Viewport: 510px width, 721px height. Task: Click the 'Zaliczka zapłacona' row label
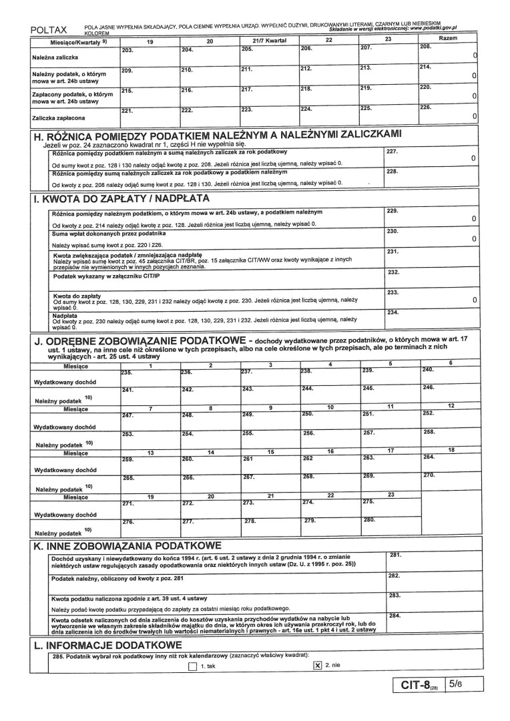pyautogui.click(x=61, y=118)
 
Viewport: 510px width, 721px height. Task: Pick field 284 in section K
pyautogui.click(x=432, y=623)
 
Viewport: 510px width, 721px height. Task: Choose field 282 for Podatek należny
pyautogui.click(x=432, y=581)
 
